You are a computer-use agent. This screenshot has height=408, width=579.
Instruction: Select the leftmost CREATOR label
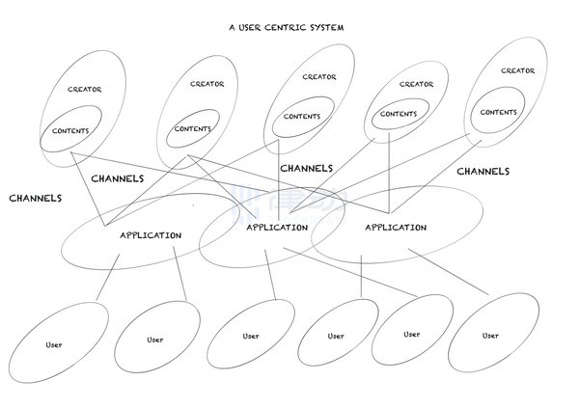click(85, 90)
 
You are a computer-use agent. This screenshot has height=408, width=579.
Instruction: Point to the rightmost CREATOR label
click(517, 70)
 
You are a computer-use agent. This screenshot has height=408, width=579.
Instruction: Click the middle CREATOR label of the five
click(319, 77)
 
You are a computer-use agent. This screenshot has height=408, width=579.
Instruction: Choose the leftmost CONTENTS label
click(70, 131)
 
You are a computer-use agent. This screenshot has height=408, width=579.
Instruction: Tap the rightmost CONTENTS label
click(498, 112)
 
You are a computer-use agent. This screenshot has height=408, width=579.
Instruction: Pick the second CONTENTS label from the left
click(193, 129)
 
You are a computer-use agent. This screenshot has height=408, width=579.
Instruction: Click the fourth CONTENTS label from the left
click(398, 114)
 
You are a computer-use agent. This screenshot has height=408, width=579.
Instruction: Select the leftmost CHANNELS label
click(36, 198)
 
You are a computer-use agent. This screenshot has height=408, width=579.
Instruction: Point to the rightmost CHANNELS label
click(482, 171)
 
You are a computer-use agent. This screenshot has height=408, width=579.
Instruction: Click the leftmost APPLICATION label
click(151, 235)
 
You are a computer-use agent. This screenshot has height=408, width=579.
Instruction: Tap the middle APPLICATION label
click(277, 228)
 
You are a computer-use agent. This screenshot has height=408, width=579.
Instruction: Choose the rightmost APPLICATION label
click(396, 228)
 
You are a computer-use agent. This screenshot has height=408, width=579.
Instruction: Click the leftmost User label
click(55, 344)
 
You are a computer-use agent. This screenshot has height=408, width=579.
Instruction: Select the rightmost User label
click(491, 336)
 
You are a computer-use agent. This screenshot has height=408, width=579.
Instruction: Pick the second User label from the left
click(155, 340)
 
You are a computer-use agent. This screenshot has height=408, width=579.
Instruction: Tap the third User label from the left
click(251, 336)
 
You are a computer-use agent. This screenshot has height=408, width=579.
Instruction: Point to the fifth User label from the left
click(412, 334)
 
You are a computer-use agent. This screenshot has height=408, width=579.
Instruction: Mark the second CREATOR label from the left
click(207, 84)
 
